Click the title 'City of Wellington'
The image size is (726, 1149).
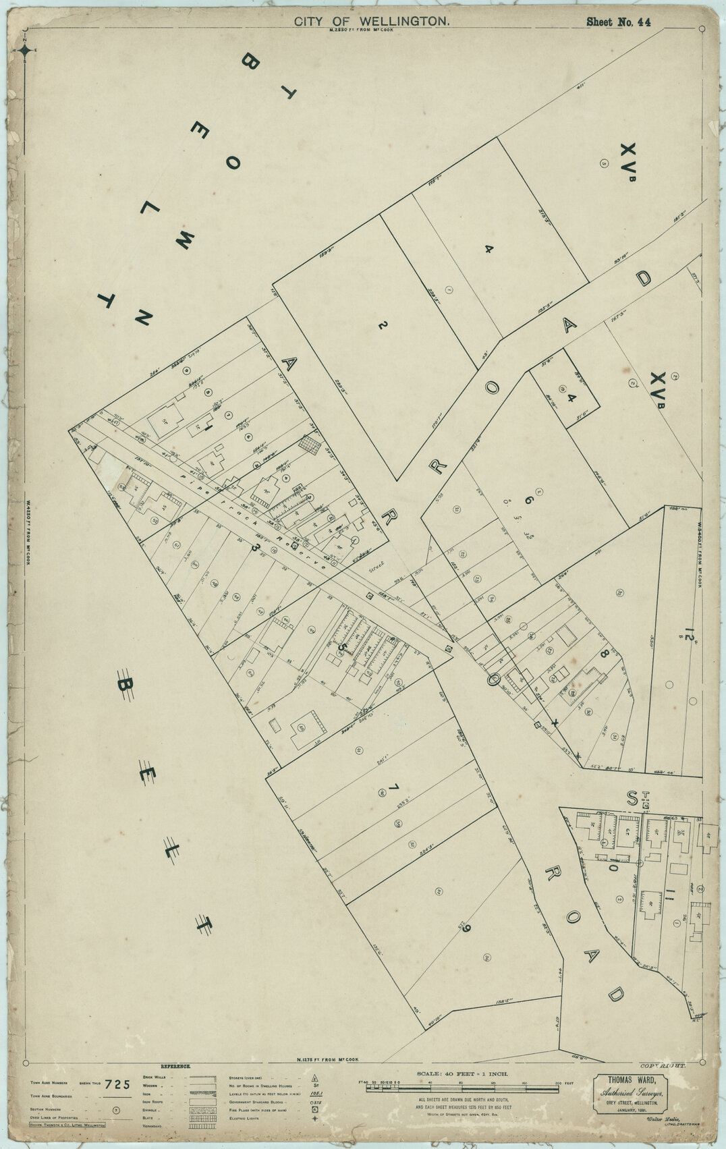[x=372, y=22]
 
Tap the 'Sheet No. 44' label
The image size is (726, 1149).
[x=618, y=22]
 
